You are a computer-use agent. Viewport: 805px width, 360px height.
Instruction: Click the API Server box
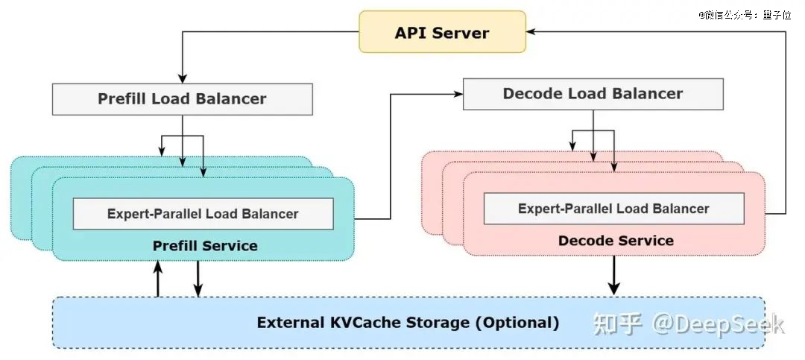[442, 32]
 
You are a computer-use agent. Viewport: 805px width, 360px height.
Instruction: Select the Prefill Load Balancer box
[183, 99]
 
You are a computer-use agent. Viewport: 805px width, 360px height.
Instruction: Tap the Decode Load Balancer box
[593, 94]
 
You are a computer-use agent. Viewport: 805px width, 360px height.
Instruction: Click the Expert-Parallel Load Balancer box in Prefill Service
[203, 214]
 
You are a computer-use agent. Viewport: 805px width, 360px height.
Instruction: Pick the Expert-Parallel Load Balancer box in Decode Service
[614, 209]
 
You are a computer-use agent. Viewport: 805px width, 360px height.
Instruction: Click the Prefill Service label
[205, 246]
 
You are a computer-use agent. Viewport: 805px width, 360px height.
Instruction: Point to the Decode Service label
[616, 241]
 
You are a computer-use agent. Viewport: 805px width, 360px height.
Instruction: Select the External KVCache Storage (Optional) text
[408, 323]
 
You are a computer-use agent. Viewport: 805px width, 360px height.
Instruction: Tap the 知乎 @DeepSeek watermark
[689, 324]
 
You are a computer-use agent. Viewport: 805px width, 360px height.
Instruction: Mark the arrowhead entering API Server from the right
[531, 31]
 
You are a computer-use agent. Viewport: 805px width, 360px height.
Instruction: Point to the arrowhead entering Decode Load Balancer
[458, 94]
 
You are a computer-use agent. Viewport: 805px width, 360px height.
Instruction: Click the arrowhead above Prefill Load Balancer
[183, 78]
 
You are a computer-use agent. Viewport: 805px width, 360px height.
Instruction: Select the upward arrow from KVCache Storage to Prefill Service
[157, 278]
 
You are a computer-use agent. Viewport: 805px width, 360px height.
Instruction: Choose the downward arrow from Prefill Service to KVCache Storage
[198, 279]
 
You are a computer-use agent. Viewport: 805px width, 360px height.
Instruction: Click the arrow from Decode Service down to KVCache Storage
[613, 275]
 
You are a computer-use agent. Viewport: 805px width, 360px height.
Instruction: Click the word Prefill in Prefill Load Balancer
[123, 99]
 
